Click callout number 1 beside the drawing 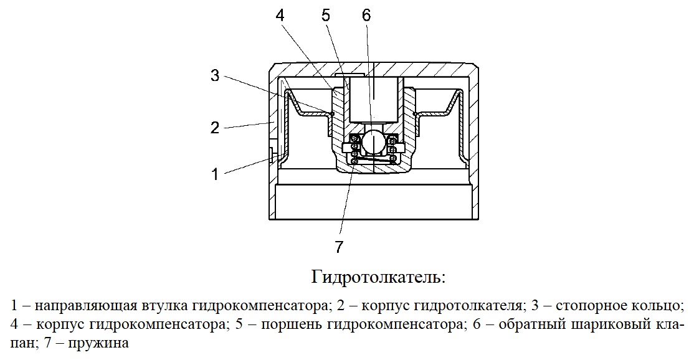[215, 174]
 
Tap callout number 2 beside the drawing [215, 128]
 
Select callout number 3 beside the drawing [215, 75]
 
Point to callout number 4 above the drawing [280, 16]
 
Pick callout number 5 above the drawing [326, 16]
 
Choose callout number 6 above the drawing [366, 16]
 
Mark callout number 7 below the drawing [339, 247]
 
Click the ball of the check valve [373, 143]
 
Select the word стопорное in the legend [592, 305]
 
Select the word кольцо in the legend [658, 305]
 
